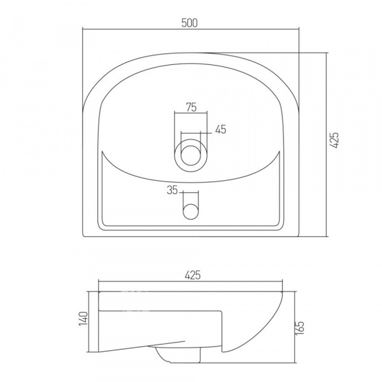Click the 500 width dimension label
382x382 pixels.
pyautogui.click(x=190, y=23)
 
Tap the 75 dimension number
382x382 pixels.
pyautogui.click(x=191, y=107)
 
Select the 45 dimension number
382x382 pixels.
pyautogui.click(x=221, y=129)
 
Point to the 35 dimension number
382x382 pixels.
pyautogui.click(x=173, y=190)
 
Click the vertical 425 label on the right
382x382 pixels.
pyautogui.click(x=334, y=140)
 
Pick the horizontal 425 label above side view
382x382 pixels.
pyautogui.click(x=192, y=275)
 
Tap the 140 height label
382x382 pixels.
pyautogui.click(x=83, y=318)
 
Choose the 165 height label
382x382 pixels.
pyautogui.click(x=300, y=328)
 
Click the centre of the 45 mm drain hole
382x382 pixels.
pyautogui.click(x=191, y=155)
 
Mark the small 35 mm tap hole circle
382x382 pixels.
pyautogui.click(x=191, y=211)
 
